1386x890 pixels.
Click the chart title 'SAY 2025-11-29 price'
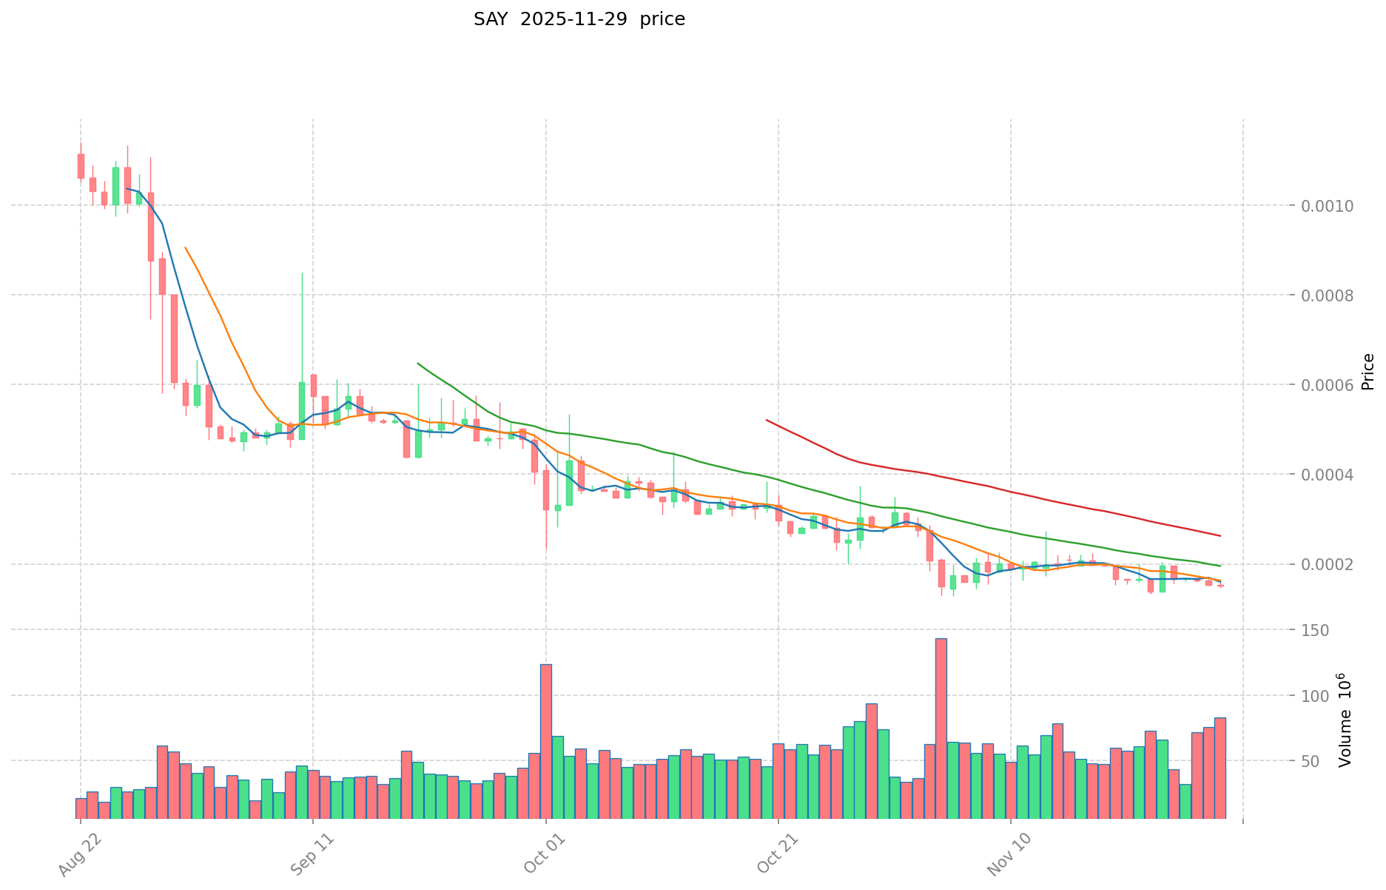tap(579, 19)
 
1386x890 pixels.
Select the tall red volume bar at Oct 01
tap(546, 740)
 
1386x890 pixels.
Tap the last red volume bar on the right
tap(1220, 768)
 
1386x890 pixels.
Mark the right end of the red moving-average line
tap(1220, 535)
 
